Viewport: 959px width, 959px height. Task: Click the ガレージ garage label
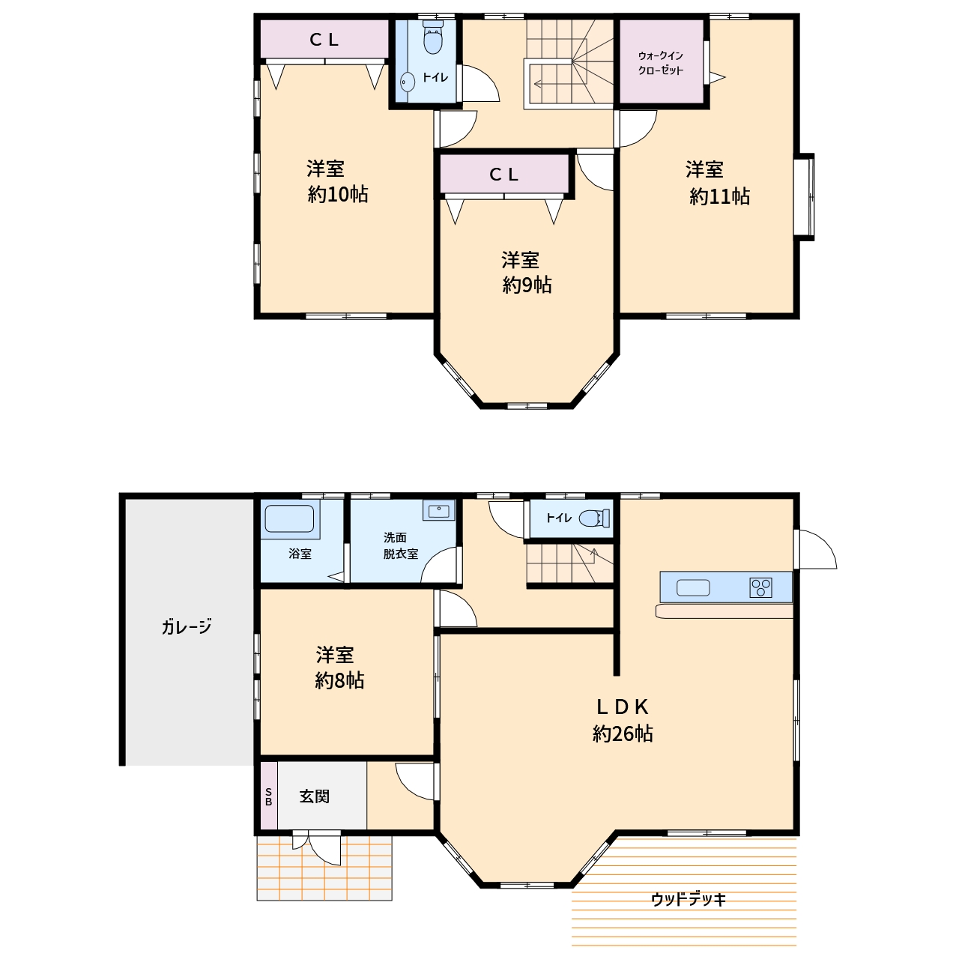[187, 626]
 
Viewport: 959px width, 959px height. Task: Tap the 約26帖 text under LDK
[623, 733]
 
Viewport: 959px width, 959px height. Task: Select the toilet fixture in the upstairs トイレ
[432, 37]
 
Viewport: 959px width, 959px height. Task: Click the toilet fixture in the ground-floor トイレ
[595, 518]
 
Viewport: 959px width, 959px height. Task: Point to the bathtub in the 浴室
[289, 519]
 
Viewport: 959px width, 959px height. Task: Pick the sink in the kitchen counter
[693, 587]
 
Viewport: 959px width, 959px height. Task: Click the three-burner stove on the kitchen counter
[760, 587]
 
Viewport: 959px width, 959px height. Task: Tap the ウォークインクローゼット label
[660, 63]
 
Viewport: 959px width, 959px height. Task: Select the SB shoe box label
[269, 796]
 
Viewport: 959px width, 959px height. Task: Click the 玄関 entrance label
[315, 796]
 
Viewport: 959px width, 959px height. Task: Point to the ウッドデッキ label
[689, 899]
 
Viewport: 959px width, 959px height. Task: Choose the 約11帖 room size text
[719, 196]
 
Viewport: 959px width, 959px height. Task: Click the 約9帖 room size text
[527, 285]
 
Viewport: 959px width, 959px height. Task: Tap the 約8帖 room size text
[339, 680]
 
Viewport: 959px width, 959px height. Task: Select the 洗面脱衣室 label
[400, 545]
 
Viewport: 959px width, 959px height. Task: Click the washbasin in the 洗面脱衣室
[438, 511]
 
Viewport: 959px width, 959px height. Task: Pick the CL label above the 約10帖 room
[324, 40]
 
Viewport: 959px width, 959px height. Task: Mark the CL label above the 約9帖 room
[504, 174]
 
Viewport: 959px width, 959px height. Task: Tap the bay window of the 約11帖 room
[804, 196]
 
